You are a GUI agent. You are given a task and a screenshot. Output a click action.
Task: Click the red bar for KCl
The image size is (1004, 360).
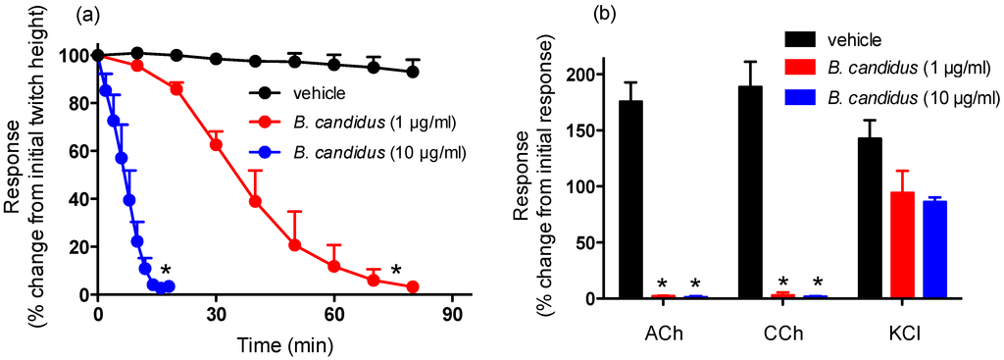(x=903, y=245)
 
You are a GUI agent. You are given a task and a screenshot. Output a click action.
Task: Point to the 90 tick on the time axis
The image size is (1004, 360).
(x=452, y=316)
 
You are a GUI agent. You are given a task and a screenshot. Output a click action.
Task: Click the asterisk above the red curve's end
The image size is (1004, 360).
(x=396, y=271)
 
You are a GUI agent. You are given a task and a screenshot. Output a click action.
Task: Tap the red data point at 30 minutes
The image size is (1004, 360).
(x=217, y=144)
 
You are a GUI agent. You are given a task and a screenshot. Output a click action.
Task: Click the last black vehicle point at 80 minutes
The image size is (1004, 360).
(x=413, y=72)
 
